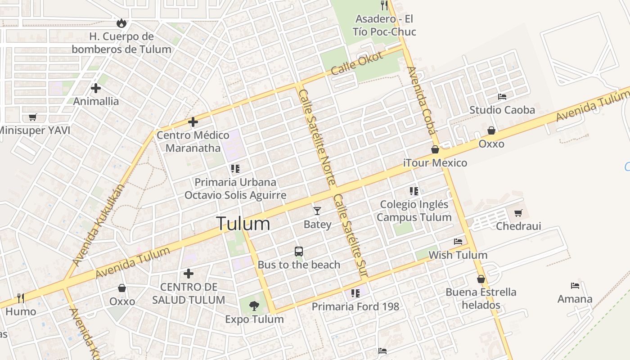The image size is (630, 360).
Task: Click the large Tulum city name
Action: pyautogui.click(x=243, y=224)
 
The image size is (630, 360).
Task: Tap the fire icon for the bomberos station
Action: pyautogui.click(x=121, y=23)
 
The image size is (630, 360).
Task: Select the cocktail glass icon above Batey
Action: pyautogui.click(x=317, y=211)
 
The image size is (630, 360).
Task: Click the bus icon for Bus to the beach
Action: pyautogui.click(x=299, y=252)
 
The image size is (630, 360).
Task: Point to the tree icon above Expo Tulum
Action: pyautogui.click(x=254, y=306)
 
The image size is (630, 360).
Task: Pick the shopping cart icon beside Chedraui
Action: pyautogui.click(x=518, y=213)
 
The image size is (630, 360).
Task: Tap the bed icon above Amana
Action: pyautogui.click(x=575, y=285)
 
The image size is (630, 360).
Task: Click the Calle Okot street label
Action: pyautogui.click(x=357, y=63)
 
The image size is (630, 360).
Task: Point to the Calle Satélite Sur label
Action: pyautogui.click(x=351, y=236)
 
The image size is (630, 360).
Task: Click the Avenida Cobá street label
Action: pyautogui.click(x=422, y=100)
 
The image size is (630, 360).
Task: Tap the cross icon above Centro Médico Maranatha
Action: pyautogui.click(x=193, y=122)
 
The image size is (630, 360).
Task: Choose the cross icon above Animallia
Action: pyautogui.click(x=95, y=88)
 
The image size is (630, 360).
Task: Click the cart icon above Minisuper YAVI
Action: pyautogui.click(x=32, y=117)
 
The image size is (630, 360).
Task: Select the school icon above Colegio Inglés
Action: pyautogui.click(x=414, y=191)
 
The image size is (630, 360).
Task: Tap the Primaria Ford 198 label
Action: pyautogui.click(x=355, y=307)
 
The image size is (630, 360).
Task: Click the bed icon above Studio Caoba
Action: pyautogui.click(x=502, y=97)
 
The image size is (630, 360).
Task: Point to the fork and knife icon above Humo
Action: pyautogui.click(x=20, y=298)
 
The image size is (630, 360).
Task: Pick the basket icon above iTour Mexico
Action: pyautogui.click(x=435, y=149)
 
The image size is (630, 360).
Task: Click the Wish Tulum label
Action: pyautogui.click(x=458, y=255)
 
